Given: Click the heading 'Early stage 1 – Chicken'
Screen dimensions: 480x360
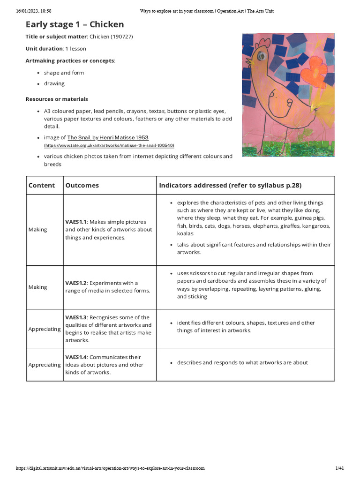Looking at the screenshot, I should point(75,24).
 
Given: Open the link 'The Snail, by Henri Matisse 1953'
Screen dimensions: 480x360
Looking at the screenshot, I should point(108,138).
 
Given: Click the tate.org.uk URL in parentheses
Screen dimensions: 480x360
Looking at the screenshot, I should point(109,146).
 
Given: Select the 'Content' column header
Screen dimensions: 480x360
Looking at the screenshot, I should point(42,186).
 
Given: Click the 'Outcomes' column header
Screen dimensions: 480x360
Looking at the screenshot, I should point(82,186).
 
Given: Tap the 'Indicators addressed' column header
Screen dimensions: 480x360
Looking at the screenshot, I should point(230,186).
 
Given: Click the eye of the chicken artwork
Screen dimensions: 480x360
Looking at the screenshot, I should point(260,56).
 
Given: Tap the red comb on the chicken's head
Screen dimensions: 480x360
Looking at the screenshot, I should point(264,44).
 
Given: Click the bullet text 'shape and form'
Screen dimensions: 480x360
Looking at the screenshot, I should point(64,73).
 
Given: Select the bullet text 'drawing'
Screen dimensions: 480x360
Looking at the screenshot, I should point(54,84).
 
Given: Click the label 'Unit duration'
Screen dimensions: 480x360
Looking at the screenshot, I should point(44,49).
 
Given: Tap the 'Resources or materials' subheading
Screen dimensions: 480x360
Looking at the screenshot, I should point(57,99).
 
